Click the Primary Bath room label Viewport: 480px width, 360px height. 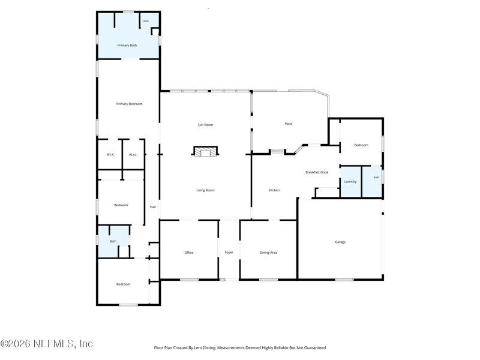127,46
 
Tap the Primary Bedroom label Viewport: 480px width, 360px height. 129,104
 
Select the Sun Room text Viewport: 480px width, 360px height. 205,125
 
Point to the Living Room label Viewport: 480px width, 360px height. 205,190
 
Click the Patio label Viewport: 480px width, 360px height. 289,124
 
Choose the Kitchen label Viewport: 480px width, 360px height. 274,190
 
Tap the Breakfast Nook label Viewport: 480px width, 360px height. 317,172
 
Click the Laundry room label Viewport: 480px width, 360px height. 350,182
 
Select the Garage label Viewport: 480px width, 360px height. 340,242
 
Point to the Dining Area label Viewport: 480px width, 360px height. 268,253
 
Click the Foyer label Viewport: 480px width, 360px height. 229,252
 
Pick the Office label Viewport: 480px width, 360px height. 189,253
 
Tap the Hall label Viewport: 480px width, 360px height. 153,207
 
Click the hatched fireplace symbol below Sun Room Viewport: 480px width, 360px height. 205,151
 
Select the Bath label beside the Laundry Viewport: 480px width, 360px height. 376,177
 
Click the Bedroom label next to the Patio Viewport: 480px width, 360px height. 361,145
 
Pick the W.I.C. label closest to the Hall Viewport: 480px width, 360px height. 133,155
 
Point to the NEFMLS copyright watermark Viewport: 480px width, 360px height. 47,343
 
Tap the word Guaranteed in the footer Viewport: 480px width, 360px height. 316,348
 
